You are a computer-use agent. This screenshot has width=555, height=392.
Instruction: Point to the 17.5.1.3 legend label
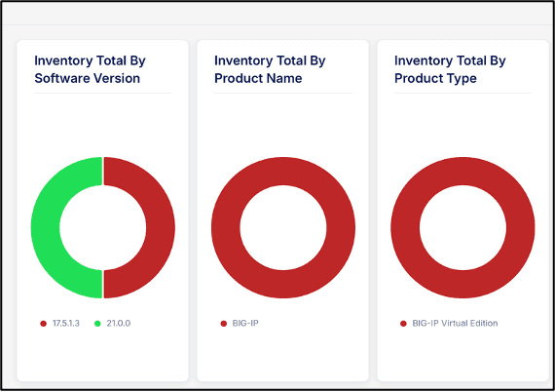[67, 323]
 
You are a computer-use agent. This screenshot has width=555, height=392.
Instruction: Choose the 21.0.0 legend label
[119, 323]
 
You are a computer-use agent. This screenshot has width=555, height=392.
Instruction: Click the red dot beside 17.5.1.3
[43, 323]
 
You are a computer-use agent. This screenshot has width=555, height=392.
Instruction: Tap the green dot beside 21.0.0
[97, 323]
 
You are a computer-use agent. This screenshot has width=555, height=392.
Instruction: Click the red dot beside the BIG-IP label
[223, 323]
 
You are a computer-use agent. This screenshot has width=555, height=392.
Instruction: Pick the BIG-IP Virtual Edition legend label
[455, 323]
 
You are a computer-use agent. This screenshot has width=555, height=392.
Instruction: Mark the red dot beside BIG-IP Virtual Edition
[403, 323]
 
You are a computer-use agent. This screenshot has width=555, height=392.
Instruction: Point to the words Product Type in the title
[435, 78]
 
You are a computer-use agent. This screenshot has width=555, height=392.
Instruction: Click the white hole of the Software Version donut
[102, 227]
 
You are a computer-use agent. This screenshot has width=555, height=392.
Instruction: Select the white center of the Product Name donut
[282, 227]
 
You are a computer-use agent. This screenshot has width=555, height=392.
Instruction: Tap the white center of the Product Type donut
[462, 227]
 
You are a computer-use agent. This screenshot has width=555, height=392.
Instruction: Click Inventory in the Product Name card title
[244, 60]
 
